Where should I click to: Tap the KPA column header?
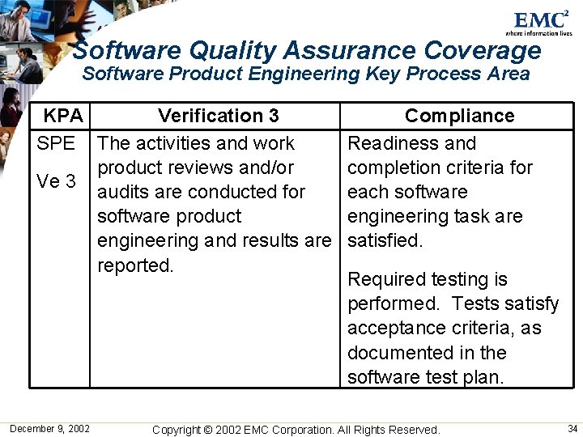(63, 116)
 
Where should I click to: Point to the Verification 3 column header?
(219, 116)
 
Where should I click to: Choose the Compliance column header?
(459, 116)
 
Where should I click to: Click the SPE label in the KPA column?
(56, 143)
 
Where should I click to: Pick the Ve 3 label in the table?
(57, 181)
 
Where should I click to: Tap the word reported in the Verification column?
(134, 265)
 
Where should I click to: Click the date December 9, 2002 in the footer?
(50, 428)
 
